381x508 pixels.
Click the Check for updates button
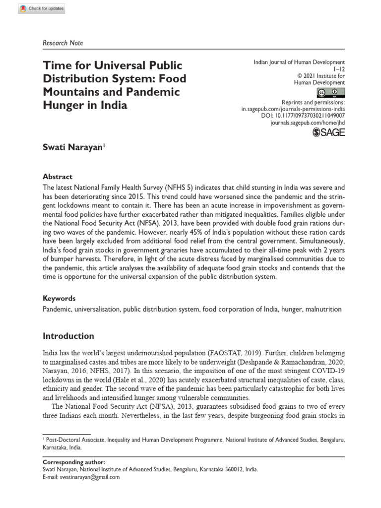(42, 9)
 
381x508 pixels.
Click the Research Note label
(63, 43)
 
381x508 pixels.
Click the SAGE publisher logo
(328, 132)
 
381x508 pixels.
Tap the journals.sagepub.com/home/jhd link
(308, 122)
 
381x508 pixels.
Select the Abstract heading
(58, 177)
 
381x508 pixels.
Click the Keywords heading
(59, 299)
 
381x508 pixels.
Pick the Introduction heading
(68, 336)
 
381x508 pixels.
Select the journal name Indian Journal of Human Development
(299, 62)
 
